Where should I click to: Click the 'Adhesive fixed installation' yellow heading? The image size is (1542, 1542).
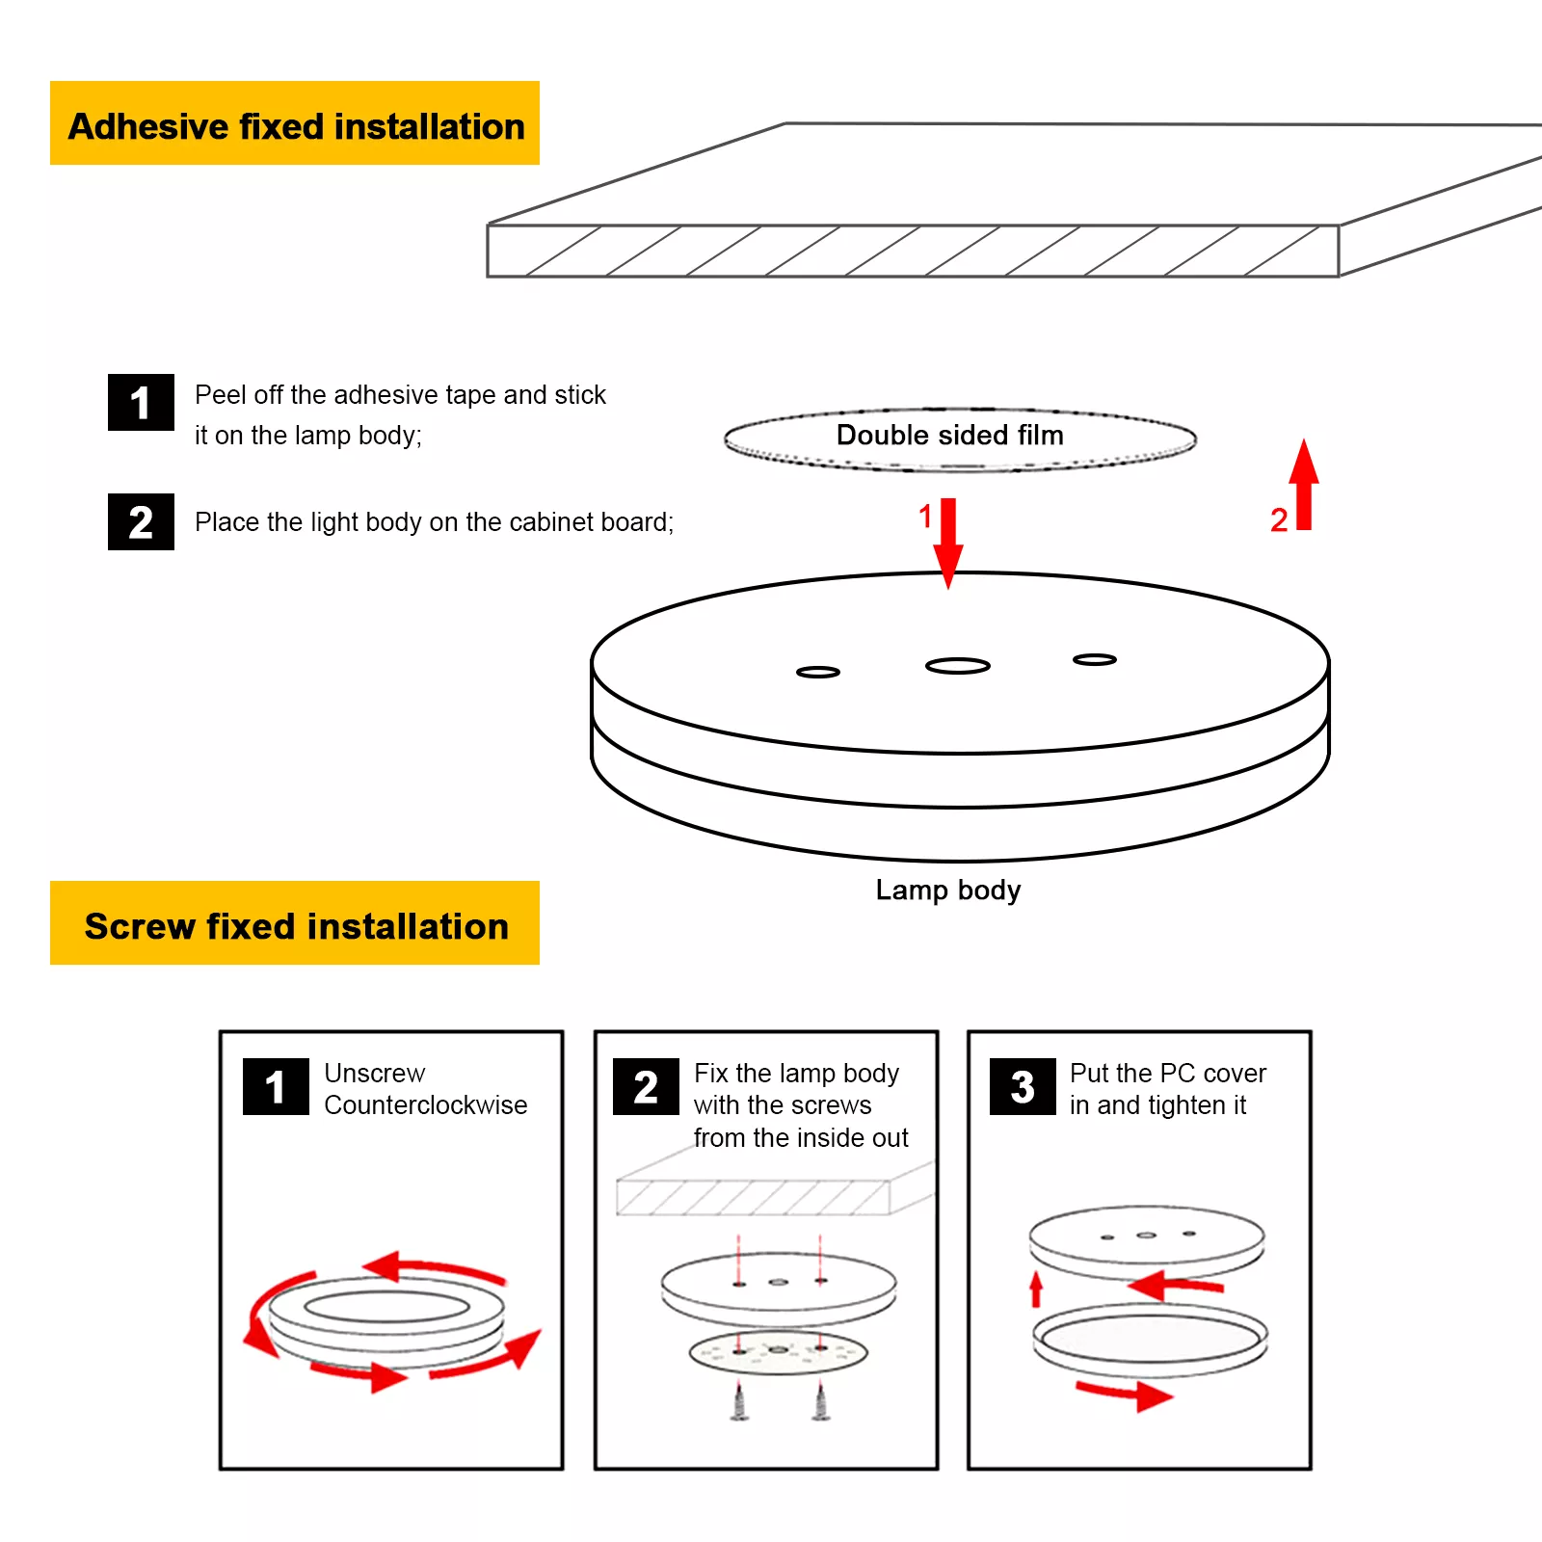(295, 124)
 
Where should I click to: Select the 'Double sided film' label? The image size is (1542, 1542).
(949, 436)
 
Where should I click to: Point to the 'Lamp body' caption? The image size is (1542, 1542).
(947, 890)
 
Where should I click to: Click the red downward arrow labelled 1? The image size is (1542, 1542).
(948, 541)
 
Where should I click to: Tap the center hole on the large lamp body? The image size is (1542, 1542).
(957, 666)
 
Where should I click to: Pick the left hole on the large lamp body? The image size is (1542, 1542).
(818, 672)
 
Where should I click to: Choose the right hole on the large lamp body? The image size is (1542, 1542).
(1095, 659)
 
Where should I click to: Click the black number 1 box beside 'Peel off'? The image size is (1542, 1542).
(141, 402)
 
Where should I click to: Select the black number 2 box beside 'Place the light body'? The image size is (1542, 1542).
(141, 521)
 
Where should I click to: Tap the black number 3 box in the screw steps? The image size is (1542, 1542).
(1023, 1086)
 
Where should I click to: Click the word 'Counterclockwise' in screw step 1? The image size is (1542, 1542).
(425, 1105)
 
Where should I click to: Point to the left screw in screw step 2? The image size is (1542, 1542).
(739, 1401)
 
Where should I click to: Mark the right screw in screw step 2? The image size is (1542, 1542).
(821, 1401)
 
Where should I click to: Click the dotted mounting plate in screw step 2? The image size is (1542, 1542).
(778, 1353)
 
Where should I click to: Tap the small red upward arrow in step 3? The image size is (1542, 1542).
(1036, 1289)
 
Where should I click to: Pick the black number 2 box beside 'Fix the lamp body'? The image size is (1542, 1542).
(646, 1086)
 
